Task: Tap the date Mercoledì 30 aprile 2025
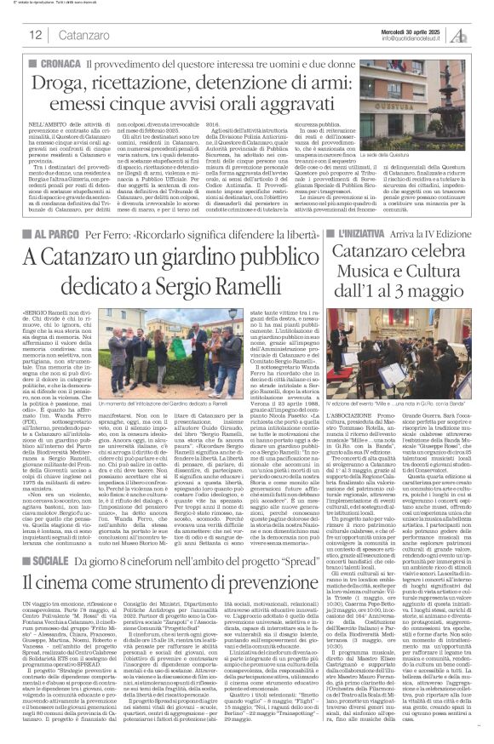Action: [x=416, y=30]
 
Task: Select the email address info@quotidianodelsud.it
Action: [x=416, y=38]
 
